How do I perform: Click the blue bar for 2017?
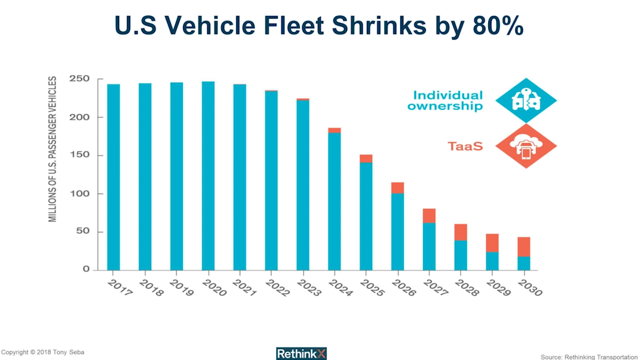(113, 177)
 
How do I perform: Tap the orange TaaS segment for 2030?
(524, 247)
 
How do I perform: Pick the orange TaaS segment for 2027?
(429, 216)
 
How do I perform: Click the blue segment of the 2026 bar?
(398, 232)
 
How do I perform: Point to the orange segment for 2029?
(492, 243)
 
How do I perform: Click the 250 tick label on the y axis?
(80, 79)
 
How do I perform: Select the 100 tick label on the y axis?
(80, 194)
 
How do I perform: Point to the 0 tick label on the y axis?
(85, 269)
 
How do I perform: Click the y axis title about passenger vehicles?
(52, 149)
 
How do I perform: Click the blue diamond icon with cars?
(526, 100)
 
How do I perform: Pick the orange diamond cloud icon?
(526, 146)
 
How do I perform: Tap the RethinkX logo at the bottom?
(301, 353)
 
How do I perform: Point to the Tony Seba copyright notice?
(43, 352)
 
